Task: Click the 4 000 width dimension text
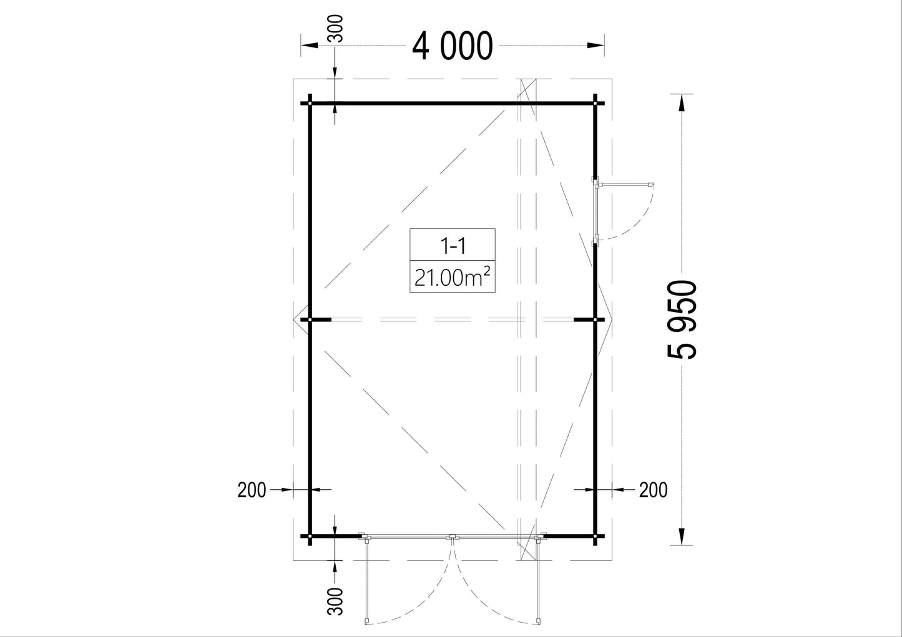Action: (452, 46)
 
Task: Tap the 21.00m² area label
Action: (452, 277)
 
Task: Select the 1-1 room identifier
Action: (453, 245)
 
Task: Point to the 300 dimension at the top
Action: (335, 28)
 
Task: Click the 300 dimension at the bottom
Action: (335, 601)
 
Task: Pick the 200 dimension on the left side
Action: (252, 490)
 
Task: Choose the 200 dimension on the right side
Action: (653, 490)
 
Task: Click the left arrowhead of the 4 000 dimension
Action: (309, 46)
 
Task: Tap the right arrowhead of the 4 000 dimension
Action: (596, 46)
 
